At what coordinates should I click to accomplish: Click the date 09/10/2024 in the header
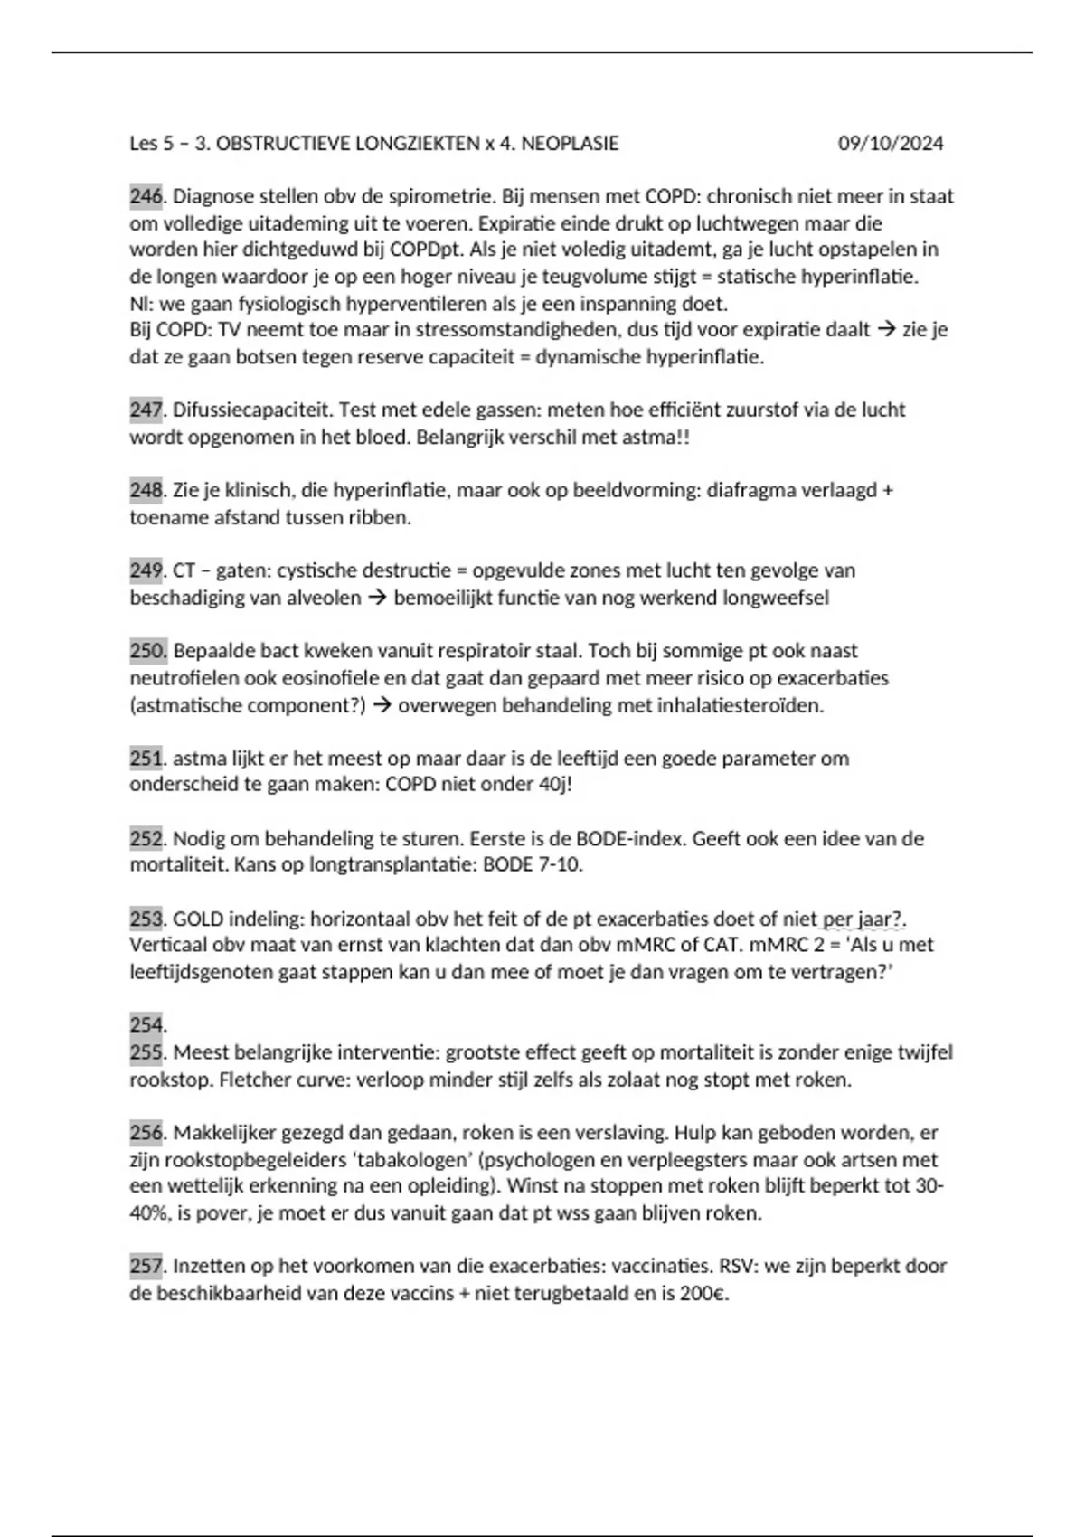click(890, 143)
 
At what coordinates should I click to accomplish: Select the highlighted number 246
click(146, 196)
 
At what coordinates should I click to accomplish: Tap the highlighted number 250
click(147, 651)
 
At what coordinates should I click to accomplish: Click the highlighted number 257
click(146, 1266)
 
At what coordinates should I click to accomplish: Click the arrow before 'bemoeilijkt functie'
click(377, 598)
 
